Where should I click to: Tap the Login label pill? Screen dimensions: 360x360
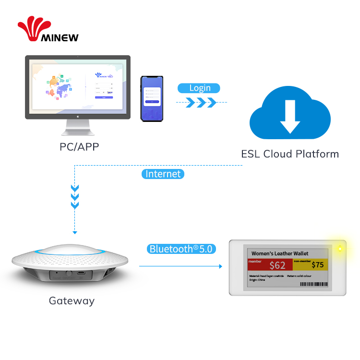pos(199,88)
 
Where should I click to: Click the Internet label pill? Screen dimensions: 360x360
pos(163,174)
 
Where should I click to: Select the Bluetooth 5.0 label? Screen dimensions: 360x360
pos(180,249)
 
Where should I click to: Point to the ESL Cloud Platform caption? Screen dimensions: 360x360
pos(289,154)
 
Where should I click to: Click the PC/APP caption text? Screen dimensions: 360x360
pos(79,147)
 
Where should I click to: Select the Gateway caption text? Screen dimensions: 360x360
pos(72,301)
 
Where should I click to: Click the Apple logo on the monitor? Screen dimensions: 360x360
pos(78,115)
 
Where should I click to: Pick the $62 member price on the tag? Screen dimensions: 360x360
pos(277,265)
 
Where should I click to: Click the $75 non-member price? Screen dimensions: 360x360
pos(317,264)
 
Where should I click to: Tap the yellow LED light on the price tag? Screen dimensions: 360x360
pos(340,249)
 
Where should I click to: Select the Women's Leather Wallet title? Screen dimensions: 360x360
pos(280,253)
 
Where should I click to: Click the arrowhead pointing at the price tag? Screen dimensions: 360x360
pos(220,265)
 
